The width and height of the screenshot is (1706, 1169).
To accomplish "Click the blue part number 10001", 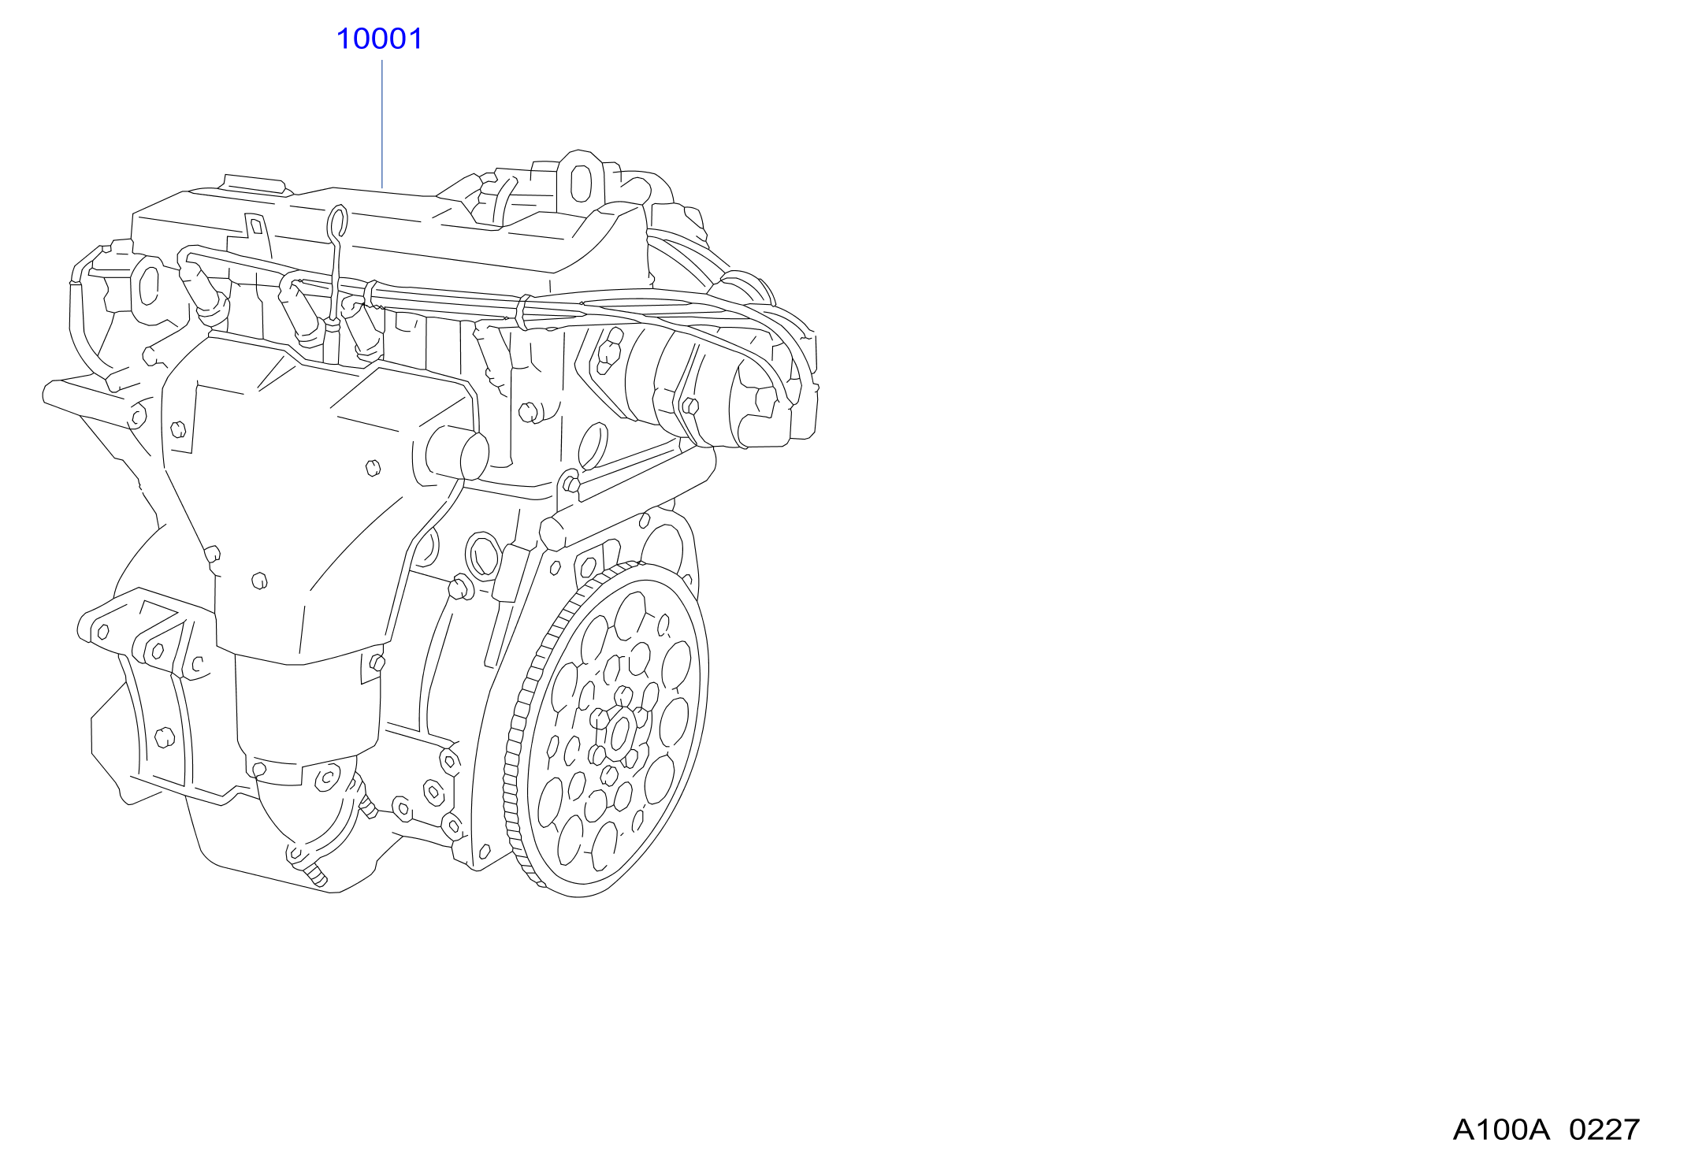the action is (379, 39).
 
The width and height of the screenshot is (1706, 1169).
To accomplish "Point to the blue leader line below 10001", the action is (382, 124).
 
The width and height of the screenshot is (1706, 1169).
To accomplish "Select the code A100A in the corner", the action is (1501, 1130).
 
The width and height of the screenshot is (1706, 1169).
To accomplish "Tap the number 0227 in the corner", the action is (1604, 1130).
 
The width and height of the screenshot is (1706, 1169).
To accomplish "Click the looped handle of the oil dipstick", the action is (338, 224).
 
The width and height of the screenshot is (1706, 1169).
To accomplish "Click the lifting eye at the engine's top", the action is (581, 181).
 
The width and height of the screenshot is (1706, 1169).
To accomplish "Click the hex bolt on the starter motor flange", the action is (690, 406).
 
